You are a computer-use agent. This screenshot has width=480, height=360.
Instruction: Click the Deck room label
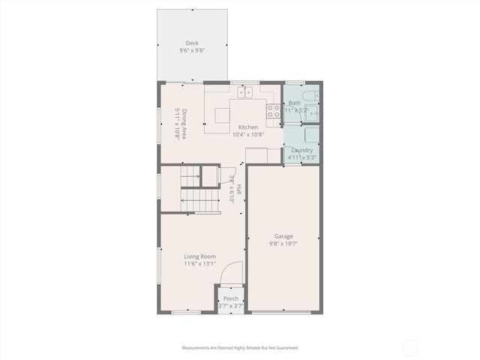coord(192,43)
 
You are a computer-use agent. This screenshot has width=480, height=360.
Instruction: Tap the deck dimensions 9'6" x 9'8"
coord(192,51)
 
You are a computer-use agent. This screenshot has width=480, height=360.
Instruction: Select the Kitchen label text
coord(248,127)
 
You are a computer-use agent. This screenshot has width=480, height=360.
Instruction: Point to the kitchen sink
coord(244,92)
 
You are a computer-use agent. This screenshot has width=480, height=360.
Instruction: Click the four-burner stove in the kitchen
coord(274,112)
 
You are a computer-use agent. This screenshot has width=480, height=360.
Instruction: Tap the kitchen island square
coord(223,116)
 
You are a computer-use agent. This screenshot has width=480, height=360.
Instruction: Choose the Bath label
coord(295,103)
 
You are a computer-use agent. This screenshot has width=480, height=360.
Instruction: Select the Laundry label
coord(302,150)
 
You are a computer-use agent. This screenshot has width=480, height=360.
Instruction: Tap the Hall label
coord(239,190)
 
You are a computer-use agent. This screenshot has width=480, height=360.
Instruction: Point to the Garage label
coord(283,236)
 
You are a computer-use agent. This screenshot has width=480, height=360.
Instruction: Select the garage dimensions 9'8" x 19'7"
coord(283,244)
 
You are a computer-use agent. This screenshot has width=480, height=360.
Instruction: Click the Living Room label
coord(200,256)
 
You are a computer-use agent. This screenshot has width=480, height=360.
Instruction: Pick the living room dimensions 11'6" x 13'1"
coord(200,264)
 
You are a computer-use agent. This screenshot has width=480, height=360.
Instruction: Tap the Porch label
coord(231,298)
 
